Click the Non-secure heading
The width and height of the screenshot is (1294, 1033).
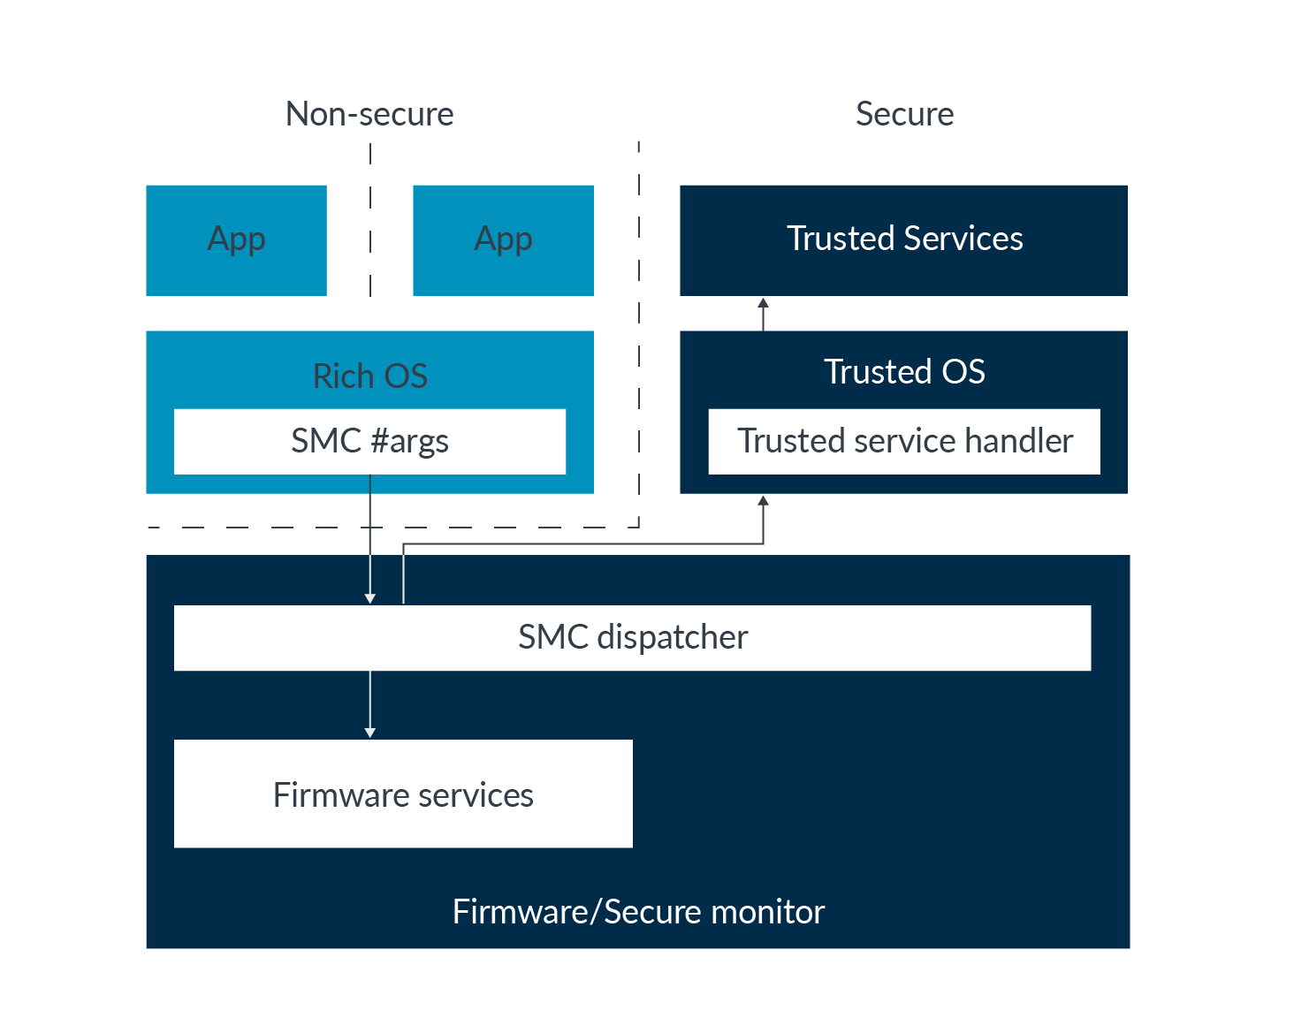pos(369,114)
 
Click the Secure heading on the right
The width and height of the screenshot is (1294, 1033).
pos(904,114)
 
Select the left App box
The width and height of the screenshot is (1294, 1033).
pos(236,239)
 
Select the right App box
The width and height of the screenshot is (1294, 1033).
pos(503,239)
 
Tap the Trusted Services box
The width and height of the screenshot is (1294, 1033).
pos(903,239)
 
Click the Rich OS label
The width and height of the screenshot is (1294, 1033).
pos(369,376)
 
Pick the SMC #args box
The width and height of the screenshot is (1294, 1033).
pos(369,441)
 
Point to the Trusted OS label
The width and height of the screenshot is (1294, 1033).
pos(903,371)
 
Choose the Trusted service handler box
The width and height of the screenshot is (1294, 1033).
pos(904,441)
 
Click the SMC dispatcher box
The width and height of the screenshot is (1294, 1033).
pos(632,637)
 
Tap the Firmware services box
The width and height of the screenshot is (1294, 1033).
pos(403,794)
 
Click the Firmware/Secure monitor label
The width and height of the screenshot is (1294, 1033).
pos(638,911)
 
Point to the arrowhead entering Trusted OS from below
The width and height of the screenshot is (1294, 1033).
pos(763,501)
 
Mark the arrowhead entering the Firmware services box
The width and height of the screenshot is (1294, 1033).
pos(369,732)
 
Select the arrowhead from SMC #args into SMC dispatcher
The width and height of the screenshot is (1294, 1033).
pos(369,598)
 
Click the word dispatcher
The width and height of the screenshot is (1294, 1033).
pos(673,637)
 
